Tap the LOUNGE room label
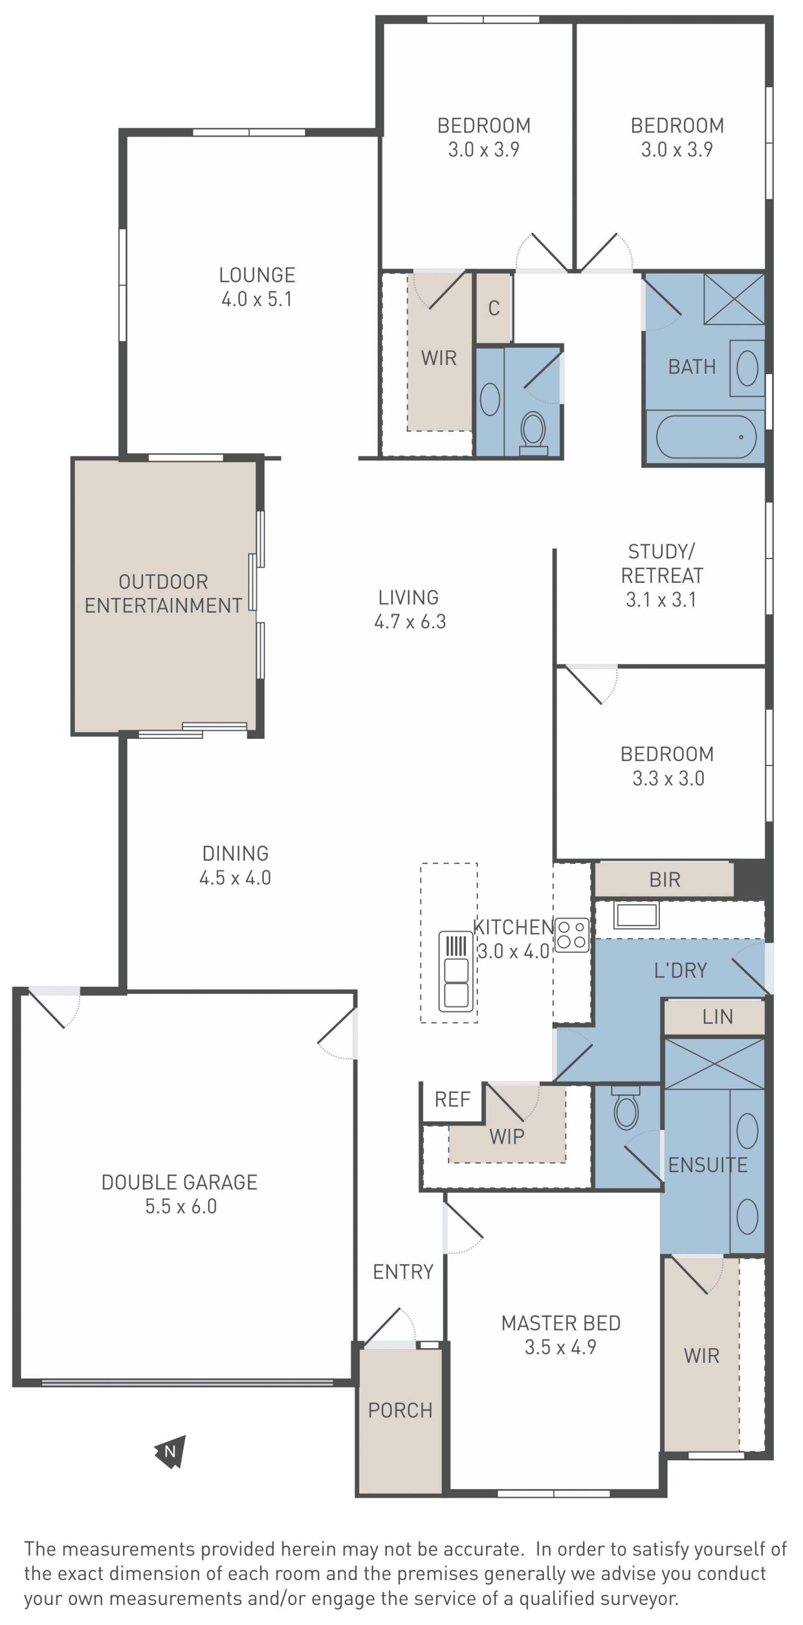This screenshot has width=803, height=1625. tap(257, 275)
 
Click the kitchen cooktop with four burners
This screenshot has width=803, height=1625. tap(571, 935)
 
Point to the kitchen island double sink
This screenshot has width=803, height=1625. tap(456, 971)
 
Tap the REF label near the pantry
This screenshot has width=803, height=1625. tap(452, 1099)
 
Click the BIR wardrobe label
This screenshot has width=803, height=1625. tap(665, 880)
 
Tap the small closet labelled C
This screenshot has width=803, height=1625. tap(494, 308)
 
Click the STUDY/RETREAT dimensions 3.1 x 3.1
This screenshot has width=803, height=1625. tap(661, 599)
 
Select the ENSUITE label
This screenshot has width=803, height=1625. tap(708, 1165)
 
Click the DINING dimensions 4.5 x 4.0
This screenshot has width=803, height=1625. tap(235, 877)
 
